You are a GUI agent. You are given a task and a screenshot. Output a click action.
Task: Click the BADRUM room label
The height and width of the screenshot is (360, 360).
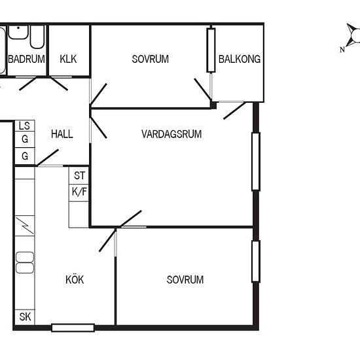click(26, 59)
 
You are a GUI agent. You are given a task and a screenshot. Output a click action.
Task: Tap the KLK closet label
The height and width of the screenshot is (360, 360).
click(68, 59)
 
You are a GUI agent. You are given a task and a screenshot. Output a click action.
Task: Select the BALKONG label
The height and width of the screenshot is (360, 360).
click(240, 59)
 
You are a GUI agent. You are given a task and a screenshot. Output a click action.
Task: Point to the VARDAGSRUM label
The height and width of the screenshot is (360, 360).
click(171, 134)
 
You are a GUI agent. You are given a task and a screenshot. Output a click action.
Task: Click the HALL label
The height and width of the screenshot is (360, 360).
click(62, 134)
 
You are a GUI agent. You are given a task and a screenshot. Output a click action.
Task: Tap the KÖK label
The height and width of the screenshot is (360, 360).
click(75, 279)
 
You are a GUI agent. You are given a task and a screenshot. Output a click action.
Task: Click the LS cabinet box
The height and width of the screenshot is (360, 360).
click(25, 126)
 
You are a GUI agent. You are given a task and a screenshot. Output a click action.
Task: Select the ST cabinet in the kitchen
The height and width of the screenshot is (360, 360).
click(79, 175)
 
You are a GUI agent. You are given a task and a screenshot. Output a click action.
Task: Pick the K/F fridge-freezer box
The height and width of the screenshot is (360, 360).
click(79, 192)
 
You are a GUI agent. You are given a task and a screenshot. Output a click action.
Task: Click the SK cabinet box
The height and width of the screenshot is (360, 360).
click(25, 317)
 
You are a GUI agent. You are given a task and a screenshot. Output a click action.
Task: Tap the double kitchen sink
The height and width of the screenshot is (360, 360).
click(25, 262)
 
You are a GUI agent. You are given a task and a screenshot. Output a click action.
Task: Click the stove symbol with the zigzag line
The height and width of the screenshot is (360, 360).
click(25, 226)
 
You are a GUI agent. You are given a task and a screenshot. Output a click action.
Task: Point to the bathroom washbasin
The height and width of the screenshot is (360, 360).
click(18, 32)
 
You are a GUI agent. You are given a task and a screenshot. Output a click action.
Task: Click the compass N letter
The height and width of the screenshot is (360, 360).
click(342, 50)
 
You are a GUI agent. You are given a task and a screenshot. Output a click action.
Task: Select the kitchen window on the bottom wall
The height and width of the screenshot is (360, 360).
click(73, 328)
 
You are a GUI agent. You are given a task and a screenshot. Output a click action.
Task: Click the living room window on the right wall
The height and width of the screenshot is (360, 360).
click(256, 162)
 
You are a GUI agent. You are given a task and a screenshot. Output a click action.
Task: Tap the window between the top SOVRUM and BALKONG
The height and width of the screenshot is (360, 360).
click(211, 50)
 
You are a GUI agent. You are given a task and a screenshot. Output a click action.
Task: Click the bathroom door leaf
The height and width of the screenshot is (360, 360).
click(27, 84)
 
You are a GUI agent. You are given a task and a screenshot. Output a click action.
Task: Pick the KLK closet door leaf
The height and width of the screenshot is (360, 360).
click(59, 84)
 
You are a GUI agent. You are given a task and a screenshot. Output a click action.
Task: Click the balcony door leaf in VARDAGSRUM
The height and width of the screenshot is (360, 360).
click(234, 111)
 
